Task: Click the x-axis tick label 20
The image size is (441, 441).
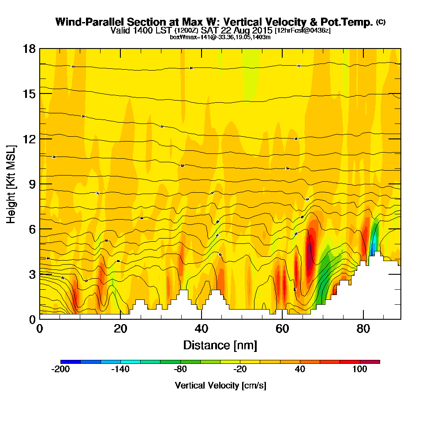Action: (x=120, y=329)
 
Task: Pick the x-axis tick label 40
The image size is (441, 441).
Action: (x=201, y=329)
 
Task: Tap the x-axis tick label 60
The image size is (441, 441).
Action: (x=282, y=329)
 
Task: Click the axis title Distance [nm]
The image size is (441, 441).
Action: (x=220, y=345)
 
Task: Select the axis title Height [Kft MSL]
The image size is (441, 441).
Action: (x=11, y=184)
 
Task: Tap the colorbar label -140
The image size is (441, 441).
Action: (x=120, y=370)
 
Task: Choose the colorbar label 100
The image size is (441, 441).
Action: (x=360, y=370)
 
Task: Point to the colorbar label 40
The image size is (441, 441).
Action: (x=300, y=370)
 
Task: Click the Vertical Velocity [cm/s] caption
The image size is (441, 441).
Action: (x=220, y=385)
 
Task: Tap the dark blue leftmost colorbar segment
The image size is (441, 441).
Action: (x=71, y=362)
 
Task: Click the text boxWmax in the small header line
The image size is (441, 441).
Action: (x=181, y=37)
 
